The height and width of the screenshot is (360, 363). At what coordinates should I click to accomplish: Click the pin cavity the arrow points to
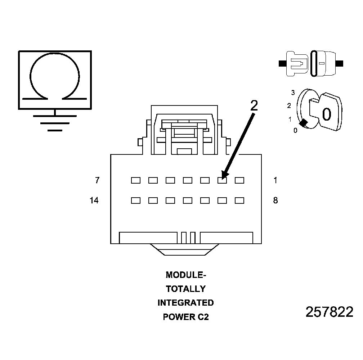tap(222, 180)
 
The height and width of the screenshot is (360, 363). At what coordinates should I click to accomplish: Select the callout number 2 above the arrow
tap(254, 105)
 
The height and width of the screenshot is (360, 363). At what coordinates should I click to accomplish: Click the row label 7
tap(97, 180)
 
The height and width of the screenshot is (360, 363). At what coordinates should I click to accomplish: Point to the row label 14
tap(94, 201)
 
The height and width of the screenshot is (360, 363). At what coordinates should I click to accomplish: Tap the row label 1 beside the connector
tap(275, 180)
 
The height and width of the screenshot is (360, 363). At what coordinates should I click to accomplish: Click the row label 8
tap(275, 201)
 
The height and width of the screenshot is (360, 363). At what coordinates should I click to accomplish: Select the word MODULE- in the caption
tap(186, 275)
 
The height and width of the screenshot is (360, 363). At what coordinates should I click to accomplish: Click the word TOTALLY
tap(186, 289)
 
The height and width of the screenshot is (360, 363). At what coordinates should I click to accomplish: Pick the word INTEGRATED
tap(186, 303)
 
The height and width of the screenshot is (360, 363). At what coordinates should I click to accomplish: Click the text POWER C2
tap(186, 317)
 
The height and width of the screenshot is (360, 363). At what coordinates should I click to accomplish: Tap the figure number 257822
tap(330, 312)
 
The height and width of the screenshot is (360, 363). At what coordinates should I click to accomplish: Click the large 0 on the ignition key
tap(326, 114)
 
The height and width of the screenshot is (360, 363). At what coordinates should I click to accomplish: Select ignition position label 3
tap(293, 93)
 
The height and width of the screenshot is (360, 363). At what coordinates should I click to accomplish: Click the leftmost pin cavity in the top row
tap(136, 180)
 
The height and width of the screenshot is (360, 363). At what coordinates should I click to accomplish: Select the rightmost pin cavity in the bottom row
tap(239, 201)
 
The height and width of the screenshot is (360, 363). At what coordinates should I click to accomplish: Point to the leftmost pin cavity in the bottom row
tap(136, 201)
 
